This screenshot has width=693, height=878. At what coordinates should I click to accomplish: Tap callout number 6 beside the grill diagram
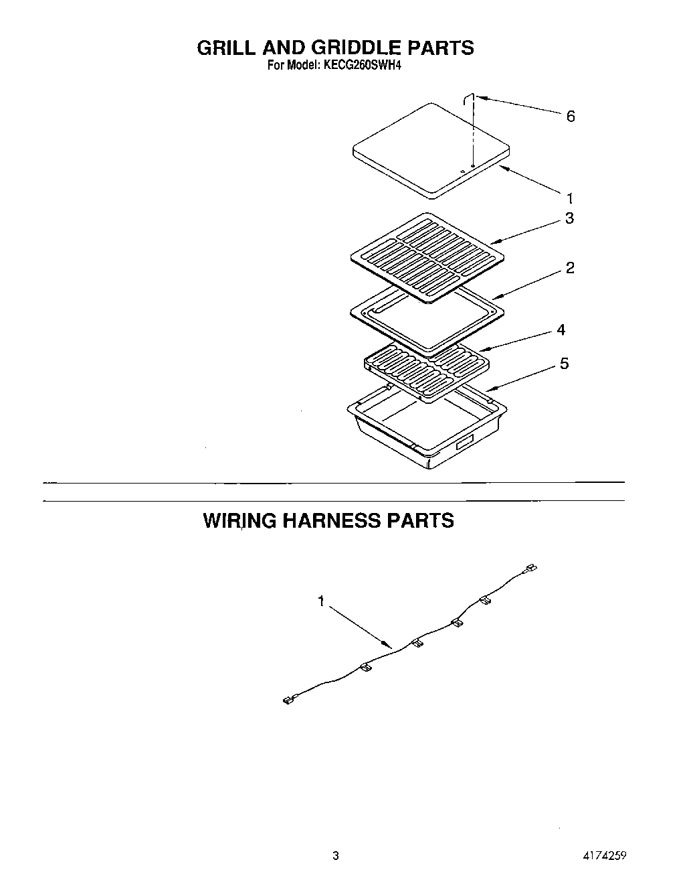tap(570, 117)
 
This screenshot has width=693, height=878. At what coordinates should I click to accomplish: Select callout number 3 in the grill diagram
tap(569, 218)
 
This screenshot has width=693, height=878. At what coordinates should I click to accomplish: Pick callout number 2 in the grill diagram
tap(569, 268)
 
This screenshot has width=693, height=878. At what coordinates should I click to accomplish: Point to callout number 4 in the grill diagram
tap(561, 330)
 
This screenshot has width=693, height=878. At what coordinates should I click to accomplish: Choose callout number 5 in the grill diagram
tap(565, 364)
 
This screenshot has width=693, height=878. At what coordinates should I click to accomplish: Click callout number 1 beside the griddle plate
tap(569, 198)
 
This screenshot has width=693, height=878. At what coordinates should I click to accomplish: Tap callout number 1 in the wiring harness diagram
tap(321, 601)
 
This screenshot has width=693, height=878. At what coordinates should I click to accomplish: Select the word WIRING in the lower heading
tap(239, 520)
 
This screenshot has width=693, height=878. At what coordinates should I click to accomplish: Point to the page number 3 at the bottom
tap(336, 855)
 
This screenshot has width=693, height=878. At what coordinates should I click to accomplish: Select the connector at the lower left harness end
tap(288, 701)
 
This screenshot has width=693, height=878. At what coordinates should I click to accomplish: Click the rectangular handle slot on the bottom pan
tap(464, 442)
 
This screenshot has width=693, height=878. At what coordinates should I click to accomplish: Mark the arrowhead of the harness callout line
tap(389, 645)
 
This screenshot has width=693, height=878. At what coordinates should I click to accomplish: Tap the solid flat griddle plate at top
tap(428, 151)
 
